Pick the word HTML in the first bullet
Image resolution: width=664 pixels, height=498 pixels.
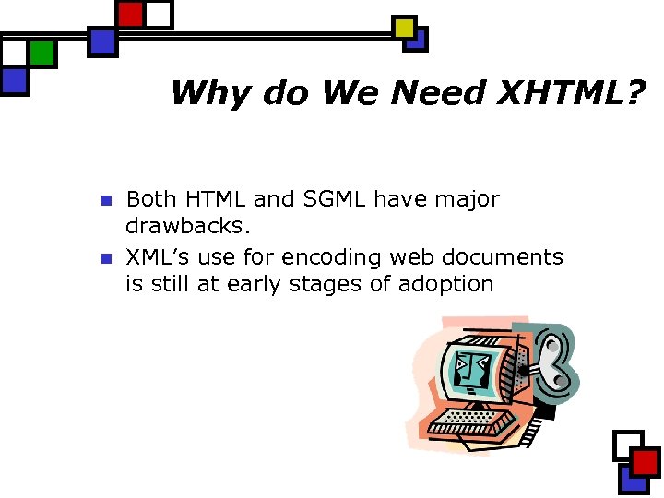click(215, 199)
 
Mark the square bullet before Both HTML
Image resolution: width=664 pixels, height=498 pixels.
click(105, 200)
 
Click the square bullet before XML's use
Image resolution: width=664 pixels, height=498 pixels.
click(105, 258)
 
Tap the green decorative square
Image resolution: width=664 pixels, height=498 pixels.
click(41, 53)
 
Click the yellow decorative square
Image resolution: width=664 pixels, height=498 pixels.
click(404, 28)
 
